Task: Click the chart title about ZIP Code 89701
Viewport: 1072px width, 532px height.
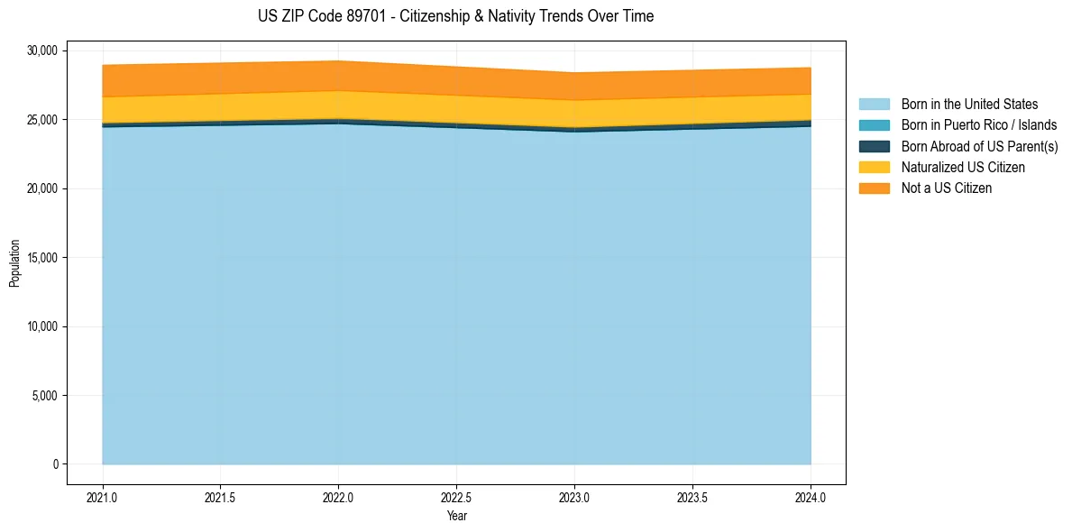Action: [455, 16]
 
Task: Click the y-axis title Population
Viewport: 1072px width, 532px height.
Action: [14, 263]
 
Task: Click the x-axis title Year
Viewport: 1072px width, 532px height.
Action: [456, 516]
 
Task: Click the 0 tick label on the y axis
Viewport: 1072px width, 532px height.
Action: [54, 464]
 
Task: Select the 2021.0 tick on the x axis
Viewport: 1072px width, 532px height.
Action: [103, 497]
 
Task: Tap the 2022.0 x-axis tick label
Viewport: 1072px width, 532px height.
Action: [338, 497]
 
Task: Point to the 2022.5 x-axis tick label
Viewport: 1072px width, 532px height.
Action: [456, 497]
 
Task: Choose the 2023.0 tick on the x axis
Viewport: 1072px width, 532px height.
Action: [574, 497]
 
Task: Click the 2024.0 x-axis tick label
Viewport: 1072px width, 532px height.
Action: [811, 497]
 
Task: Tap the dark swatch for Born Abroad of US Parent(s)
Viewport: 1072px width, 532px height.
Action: [874, 146]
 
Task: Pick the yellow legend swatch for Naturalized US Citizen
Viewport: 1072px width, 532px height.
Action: [874, 167]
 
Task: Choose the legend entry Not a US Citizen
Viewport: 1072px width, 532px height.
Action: [946, 188]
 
